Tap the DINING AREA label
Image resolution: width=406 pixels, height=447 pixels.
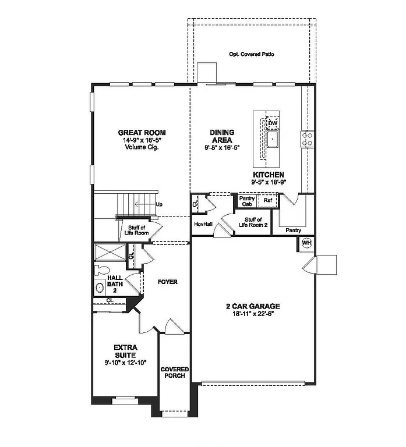222,136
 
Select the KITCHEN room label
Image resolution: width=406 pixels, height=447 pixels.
268,175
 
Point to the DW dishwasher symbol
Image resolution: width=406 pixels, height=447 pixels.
272,123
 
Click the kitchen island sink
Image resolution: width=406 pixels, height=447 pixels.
272,140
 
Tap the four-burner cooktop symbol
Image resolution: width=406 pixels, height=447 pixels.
306,139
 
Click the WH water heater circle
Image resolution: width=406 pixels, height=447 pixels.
307,243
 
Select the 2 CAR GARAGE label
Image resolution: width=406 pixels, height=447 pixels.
253,306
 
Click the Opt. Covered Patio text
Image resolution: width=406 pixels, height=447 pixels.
251,54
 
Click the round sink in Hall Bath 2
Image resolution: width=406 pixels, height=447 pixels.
100,288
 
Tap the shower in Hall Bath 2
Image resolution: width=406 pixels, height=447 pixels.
111,252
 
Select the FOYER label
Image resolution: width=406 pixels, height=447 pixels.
167,282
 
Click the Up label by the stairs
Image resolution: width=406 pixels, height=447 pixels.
159,204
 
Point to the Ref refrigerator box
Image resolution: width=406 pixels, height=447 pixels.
268,200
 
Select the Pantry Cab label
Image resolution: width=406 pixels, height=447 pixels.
246,201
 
